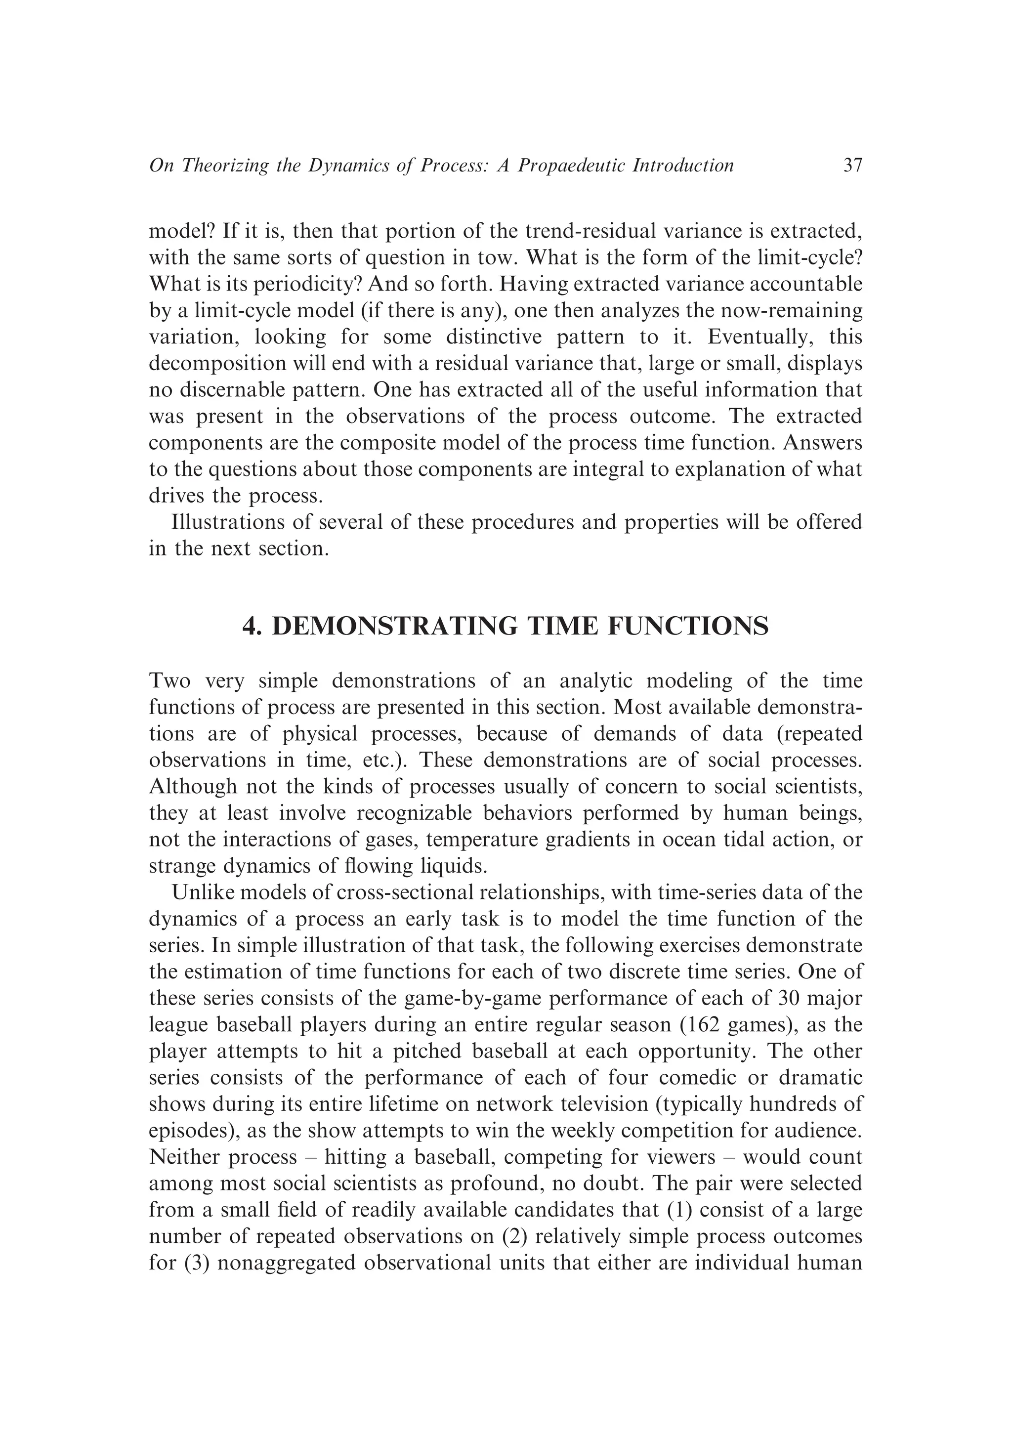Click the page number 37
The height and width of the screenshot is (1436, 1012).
(x=852, y=166)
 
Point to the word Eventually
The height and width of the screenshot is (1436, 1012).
(x=760, y=337)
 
